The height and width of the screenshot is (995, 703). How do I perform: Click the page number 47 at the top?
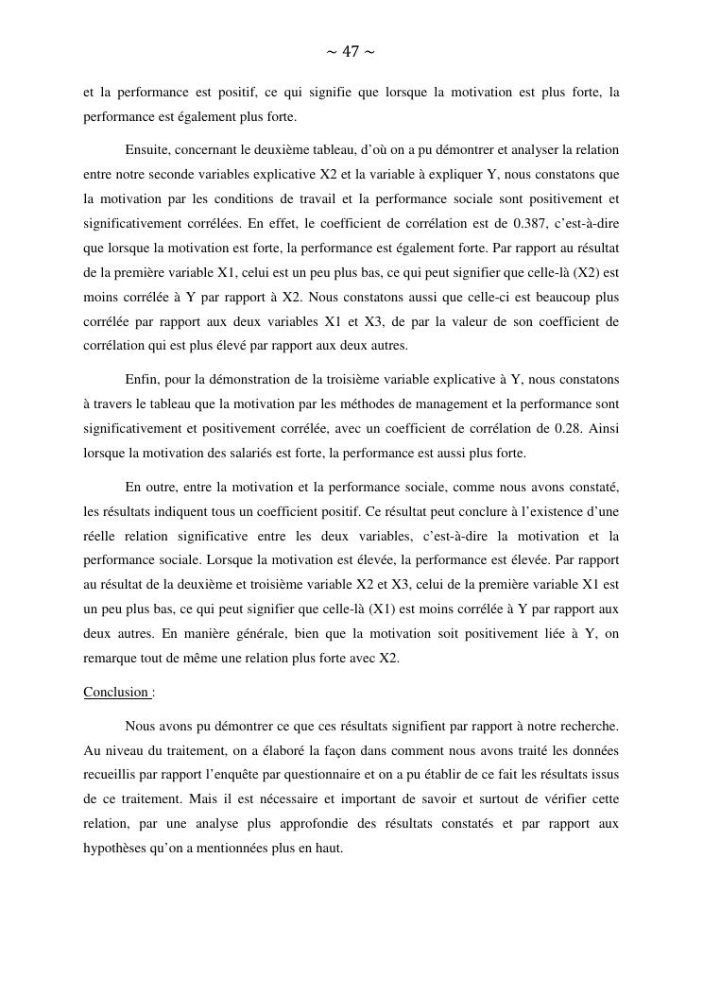coord(350,51)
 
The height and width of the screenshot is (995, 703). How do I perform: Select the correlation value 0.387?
coord(523,224)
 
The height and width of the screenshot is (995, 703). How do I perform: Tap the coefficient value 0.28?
coord(567,428)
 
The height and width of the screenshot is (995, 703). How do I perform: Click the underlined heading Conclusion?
coord(116,692)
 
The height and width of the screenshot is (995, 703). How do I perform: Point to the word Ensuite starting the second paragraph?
coord(149,149)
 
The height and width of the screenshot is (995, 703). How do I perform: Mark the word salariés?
coord(267,453)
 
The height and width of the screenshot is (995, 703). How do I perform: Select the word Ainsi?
coord(603,428)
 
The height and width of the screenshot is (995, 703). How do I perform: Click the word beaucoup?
coord(549,297)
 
